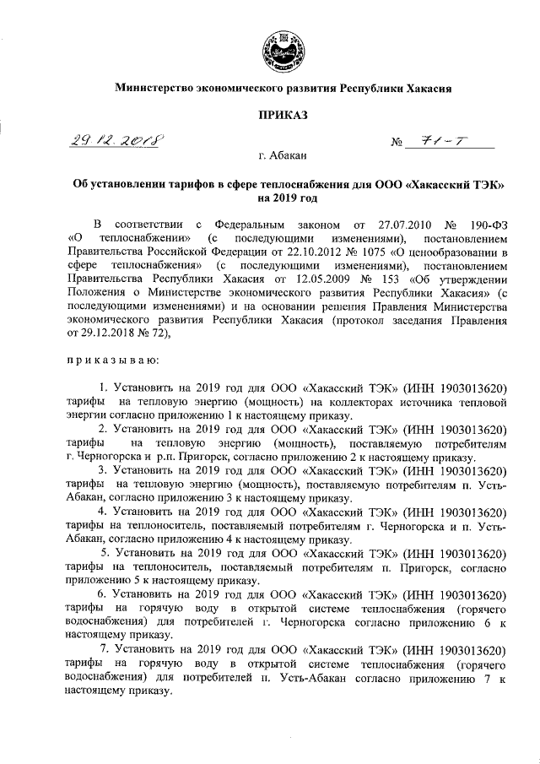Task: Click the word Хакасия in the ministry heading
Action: [x=430, y=87]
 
